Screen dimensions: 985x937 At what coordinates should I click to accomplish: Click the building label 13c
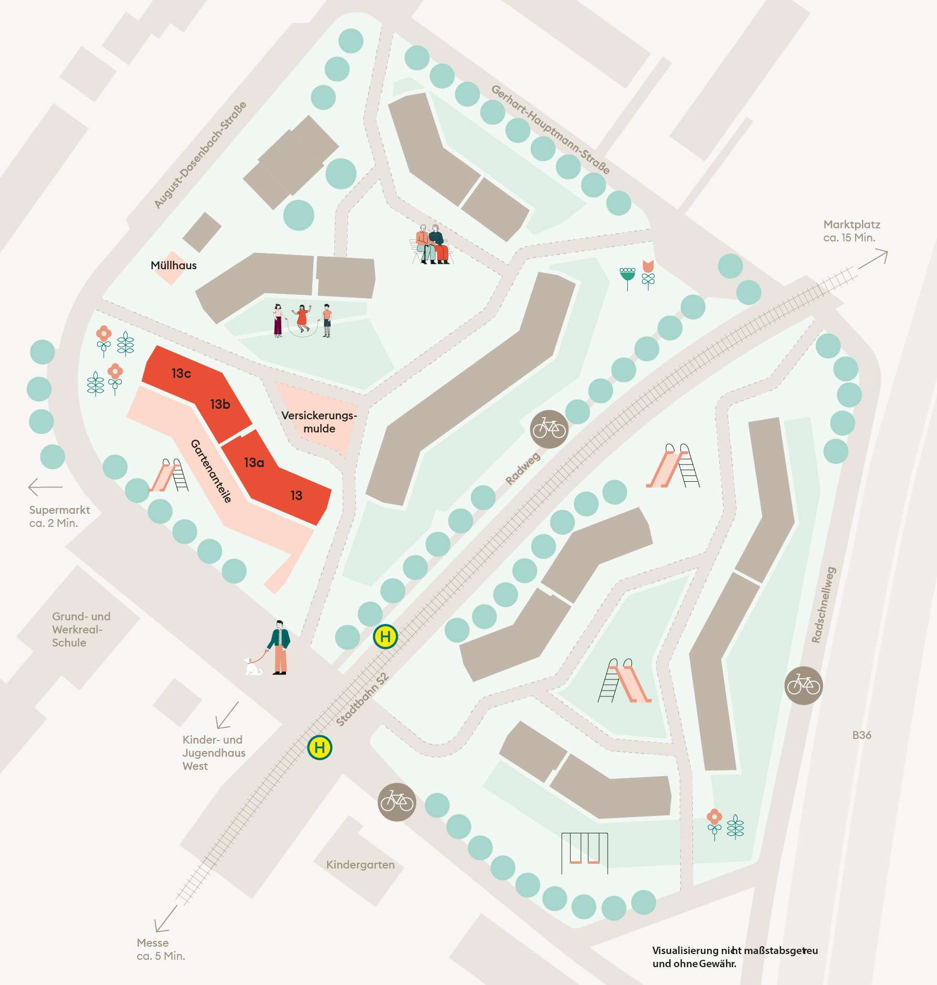point(181,373)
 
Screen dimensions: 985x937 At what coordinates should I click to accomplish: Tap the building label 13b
point(220,404)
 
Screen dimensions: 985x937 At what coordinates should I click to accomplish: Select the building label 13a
point(254,462)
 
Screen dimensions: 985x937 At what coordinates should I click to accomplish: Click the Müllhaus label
point(173,266)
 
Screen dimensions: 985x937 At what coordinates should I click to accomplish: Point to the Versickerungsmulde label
point(319,422)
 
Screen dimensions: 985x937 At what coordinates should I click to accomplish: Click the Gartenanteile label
point(211,471)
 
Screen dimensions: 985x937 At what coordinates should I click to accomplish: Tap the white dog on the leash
point(253,666)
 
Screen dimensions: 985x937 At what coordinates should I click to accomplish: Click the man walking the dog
point(280,647)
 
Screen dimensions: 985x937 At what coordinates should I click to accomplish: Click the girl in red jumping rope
point(302,318)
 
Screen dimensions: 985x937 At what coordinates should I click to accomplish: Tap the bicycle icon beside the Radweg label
point(549,429)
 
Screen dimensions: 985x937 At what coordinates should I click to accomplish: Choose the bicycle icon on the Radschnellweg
point(803,685)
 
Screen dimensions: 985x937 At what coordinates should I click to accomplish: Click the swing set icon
point(584,852)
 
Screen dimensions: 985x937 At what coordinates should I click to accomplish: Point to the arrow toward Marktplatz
point(873,260)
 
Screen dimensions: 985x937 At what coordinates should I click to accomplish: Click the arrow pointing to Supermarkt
point(45,486)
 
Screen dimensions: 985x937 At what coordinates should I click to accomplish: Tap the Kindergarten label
point(360,864)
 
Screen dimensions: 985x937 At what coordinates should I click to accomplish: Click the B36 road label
point(861,735)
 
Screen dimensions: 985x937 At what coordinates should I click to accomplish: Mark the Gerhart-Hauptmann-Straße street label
point(550,129)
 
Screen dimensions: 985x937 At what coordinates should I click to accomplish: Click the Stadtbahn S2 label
point(362,699)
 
